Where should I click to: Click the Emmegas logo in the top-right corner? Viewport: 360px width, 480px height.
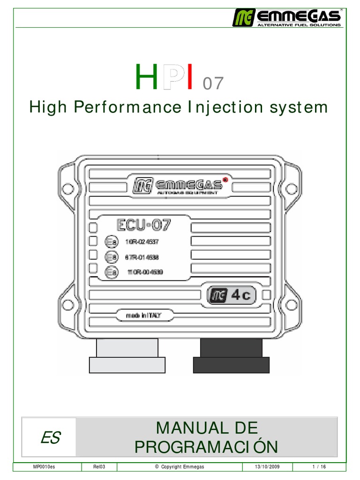click(x=286, y=17)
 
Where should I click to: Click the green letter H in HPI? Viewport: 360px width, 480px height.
click(x=145, y=78)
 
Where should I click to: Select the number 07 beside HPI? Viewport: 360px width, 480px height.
click(x=213, y=84)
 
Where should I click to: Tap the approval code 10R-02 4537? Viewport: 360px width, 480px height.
click(x=142, y=243)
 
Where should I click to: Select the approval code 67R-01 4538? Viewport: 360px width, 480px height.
click(x=142, y=257)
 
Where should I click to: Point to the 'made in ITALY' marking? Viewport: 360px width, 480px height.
click(x=143, y=315)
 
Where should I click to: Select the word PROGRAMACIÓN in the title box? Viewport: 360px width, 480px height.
click(x=206, y=447)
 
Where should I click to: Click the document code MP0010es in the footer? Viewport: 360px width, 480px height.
click(x=44, y=467)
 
